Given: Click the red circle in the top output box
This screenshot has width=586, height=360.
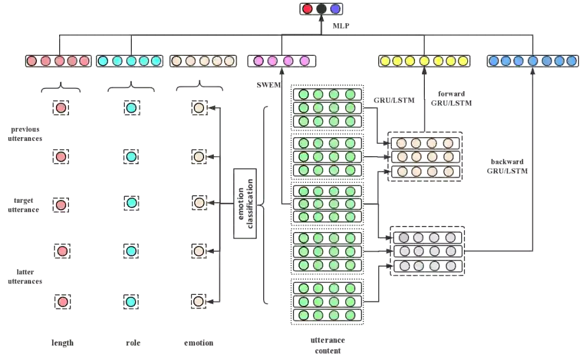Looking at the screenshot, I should click(308, 9).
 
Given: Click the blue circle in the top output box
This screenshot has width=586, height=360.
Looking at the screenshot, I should click(335, 9).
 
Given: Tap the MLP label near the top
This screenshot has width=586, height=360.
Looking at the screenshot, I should click(337, 25).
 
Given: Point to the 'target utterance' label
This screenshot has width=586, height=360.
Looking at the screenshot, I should click(24, 205).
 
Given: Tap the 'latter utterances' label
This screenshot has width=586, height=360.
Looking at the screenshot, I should click(24, 277).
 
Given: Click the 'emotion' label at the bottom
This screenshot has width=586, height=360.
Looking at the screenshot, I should click(199, 343).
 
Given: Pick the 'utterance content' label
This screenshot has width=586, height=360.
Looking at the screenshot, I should click(327, 345).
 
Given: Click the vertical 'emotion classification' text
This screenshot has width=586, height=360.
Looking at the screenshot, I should click(247, 202).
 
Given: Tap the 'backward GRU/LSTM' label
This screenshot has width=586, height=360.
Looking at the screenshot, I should click(507, 165).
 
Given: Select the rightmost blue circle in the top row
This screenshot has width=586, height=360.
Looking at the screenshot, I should click(571, 61).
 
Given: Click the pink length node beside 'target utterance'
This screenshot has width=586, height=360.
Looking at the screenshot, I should click(61, 204).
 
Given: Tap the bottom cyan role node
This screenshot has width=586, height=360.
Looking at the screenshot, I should click(131, 301).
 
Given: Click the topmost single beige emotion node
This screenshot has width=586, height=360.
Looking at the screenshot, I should click(199, 108).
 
